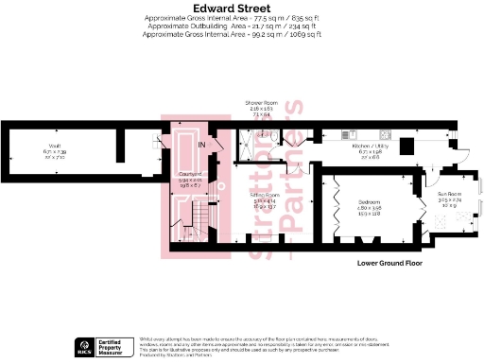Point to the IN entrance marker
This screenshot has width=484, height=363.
(201, 144)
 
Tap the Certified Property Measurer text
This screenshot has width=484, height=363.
(117, 344)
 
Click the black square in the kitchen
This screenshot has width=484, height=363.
(406, 145)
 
